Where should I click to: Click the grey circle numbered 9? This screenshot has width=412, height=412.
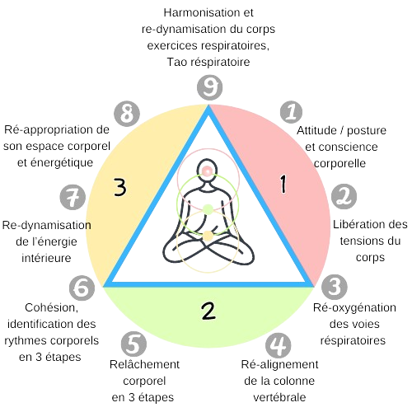[x=209, y=87]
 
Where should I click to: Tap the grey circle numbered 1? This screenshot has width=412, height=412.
[x=291, y=112]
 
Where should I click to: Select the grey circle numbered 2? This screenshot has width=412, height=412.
[x=344, y=196]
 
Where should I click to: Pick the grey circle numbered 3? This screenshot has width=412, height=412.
[x=335, y=287]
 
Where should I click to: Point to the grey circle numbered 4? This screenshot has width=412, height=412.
[x=278, y=345]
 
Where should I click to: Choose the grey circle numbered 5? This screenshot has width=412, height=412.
[x=133, y=344]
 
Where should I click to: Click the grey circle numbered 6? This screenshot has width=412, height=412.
[x=82, y=288]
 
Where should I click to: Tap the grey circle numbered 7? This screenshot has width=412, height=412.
[x=73, y=197]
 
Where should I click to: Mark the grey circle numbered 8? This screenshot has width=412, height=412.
[x=127, y=114]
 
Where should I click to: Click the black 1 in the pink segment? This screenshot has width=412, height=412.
[x=283, y=184]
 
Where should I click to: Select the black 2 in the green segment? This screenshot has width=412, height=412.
[x=208, y=311]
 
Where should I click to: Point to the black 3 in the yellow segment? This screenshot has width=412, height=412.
[x=120, y=187]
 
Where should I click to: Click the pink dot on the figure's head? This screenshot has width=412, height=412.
[x=207, y=171]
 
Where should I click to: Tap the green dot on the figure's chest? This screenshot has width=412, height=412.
[x=208, y=210]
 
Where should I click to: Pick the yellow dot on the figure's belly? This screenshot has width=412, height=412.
[x=208, y=236]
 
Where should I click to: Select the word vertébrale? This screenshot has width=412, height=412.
[x=279, y=397]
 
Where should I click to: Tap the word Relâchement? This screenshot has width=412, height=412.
[x=144, y=364]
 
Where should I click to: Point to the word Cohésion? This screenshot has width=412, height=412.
[x=52, y=308]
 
